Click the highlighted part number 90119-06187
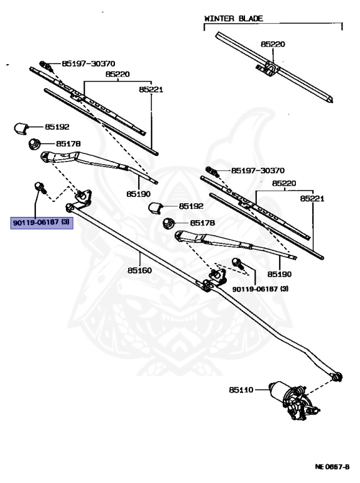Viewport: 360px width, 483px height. pos(36,222)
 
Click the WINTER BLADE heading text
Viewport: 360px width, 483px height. pos(234,18)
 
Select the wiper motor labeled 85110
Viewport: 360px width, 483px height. pos(294,399)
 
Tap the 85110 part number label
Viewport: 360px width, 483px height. pos(241,390)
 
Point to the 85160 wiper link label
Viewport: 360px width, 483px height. pos(139,270)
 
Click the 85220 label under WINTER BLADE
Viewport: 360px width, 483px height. pos(273,44)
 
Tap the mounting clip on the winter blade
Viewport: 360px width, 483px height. pos(268,69)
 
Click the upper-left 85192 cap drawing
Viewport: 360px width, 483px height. pos(21,128)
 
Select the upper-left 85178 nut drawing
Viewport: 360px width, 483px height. pos(35,144)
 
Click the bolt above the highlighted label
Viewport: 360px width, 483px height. pos(40,187)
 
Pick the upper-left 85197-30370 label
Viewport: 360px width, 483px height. pos(89,64)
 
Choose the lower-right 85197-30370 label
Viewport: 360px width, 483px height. pos(258,170)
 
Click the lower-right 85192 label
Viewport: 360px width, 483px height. pos(192,206)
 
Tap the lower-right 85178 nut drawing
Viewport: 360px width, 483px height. pos(168,223)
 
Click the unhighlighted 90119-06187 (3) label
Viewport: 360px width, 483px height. pos(260,289)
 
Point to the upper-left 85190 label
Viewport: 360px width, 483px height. pos(138,194)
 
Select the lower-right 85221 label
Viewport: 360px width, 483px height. pos(312,199)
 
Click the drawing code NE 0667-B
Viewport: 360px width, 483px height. pos(332,467)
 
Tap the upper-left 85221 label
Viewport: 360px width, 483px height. pos(151,90)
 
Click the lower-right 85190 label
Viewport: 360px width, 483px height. pos(280,274)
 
